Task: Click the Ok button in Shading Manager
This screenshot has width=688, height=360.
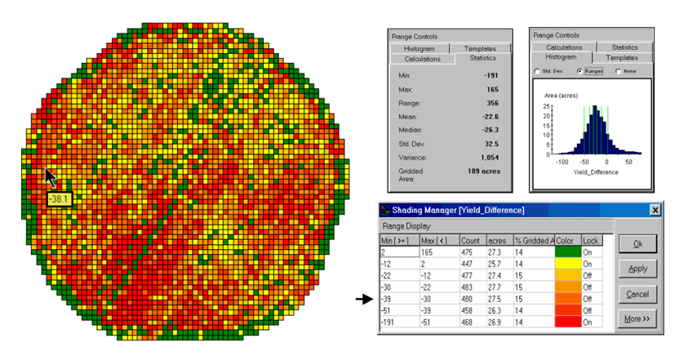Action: (637, 244)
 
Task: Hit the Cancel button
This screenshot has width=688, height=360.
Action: (637, 294)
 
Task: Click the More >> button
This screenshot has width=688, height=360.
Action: (637, 318)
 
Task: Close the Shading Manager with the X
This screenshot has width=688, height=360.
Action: (655, 210)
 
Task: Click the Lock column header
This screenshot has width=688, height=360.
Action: (591, 241)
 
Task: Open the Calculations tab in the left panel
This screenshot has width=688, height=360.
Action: (422, 59)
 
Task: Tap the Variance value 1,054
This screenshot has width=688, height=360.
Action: (484, 156)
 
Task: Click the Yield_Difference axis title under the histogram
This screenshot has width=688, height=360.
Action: (595, 172)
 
